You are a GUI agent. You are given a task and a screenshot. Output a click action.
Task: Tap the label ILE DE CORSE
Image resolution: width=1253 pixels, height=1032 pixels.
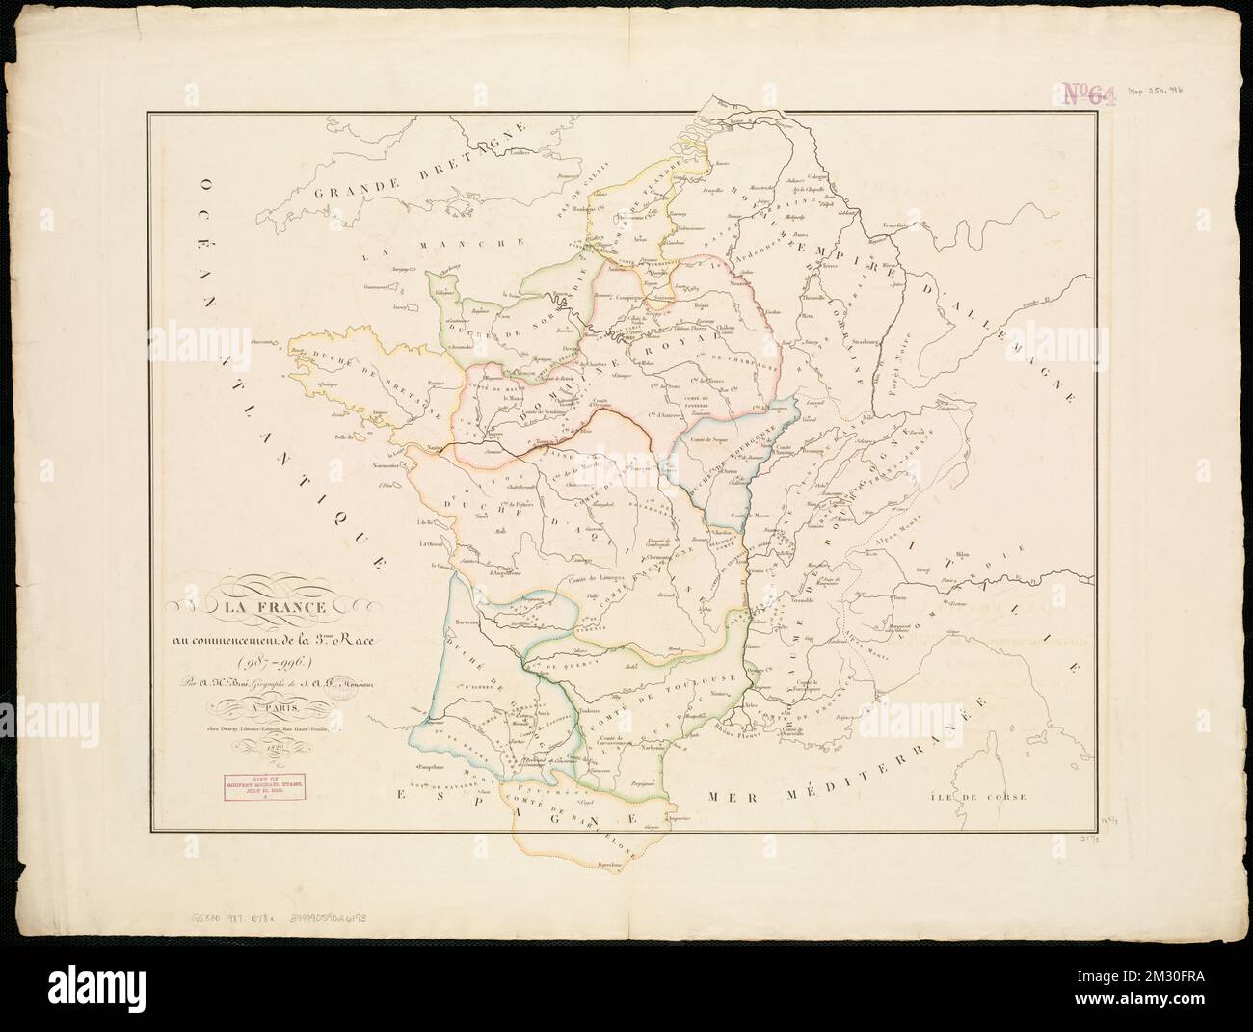(984, 797)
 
